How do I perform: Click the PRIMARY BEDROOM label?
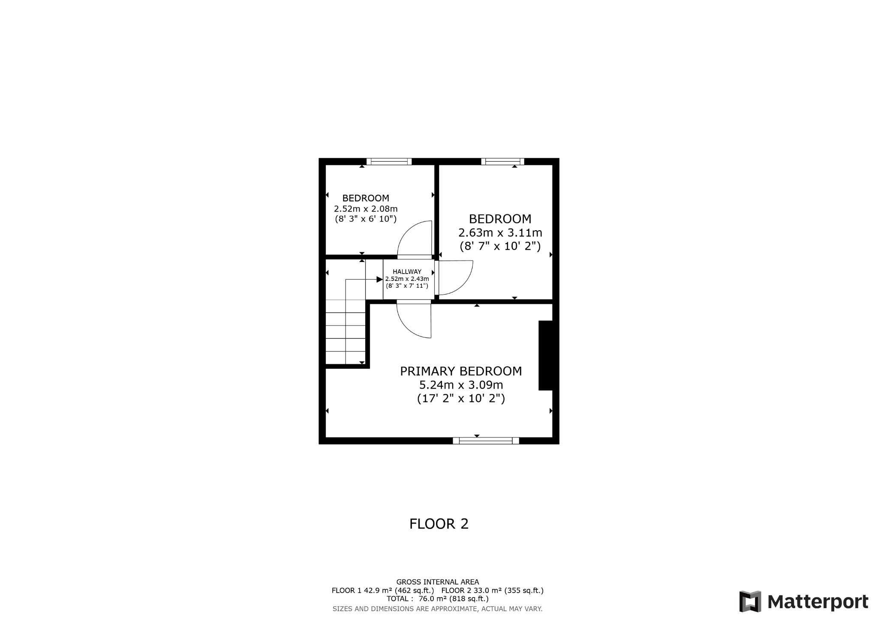click(461, 371)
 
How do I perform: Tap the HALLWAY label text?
click(407, 272)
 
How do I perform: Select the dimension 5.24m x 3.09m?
click(461, 385)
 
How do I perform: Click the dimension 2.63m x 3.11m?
click(500, 233)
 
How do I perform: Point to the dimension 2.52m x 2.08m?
click(366, 209)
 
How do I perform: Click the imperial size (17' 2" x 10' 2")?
click(461, 399)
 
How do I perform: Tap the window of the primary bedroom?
click(486, 440)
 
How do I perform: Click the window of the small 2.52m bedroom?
click(389, 162)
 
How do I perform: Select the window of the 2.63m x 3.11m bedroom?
click(502, 162)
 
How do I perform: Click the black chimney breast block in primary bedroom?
click(545, 356)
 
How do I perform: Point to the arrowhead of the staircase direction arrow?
click(379, 280)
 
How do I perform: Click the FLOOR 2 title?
click(439, 524)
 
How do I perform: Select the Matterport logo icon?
click(750, 601)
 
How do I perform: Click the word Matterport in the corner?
click(818, 602)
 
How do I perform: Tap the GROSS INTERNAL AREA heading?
click(437, 582)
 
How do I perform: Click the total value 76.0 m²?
click(433, 599)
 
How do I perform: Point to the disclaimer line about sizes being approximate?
click(437, 609)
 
